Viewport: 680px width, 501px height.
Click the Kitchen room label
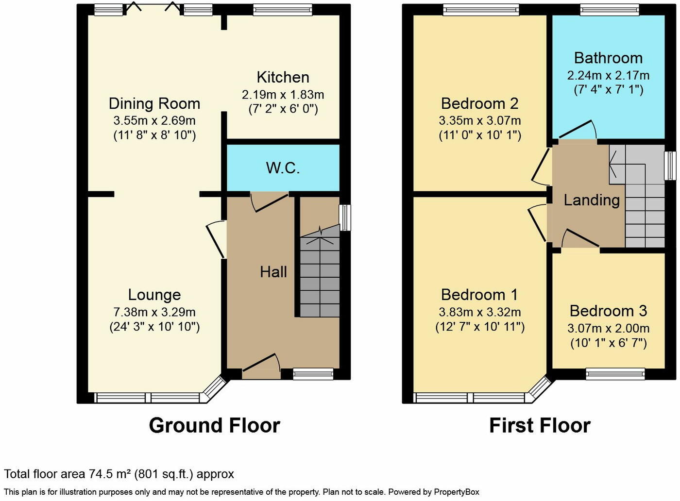coord(283,77)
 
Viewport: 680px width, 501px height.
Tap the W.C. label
coord(283,168)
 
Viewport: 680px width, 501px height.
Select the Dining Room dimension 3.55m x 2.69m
coord(154,120)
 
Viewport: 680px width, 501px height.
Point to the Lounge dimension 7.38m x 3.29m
coord(154,312)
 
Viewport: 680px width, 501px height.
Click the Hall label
coord(273,272)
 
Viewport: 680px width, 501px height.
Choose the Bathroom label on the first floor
coord(608,58)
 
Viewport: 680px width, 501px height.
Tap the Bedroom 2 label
coord(479,103)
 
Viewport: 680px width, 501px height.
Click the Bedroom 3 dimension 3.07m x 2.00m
coord(608,329)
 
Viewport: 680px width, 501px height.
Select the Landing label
coord(591,200)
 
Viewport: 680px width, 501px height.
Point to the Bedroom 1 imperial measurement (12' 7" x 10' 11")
coord(479,327)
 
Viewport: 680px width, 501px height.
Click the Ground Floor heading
coord(214,425)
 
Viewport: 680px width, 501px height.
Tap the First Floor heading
coord(540,425)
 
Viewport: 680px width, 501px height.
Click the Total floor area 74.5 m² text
coord(119,474)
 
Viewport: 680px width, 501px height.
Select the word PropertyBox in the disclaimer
coord(457,492)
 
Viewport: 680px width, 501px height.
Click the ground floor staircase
coord(319,277)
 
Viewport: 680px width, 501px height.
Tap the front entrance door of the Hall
coord(261,366)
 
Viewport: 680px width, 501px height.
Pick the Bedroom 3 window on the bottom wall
coord(615,373)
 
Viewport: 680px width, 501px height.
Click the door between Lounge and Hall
coord(216,239)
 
